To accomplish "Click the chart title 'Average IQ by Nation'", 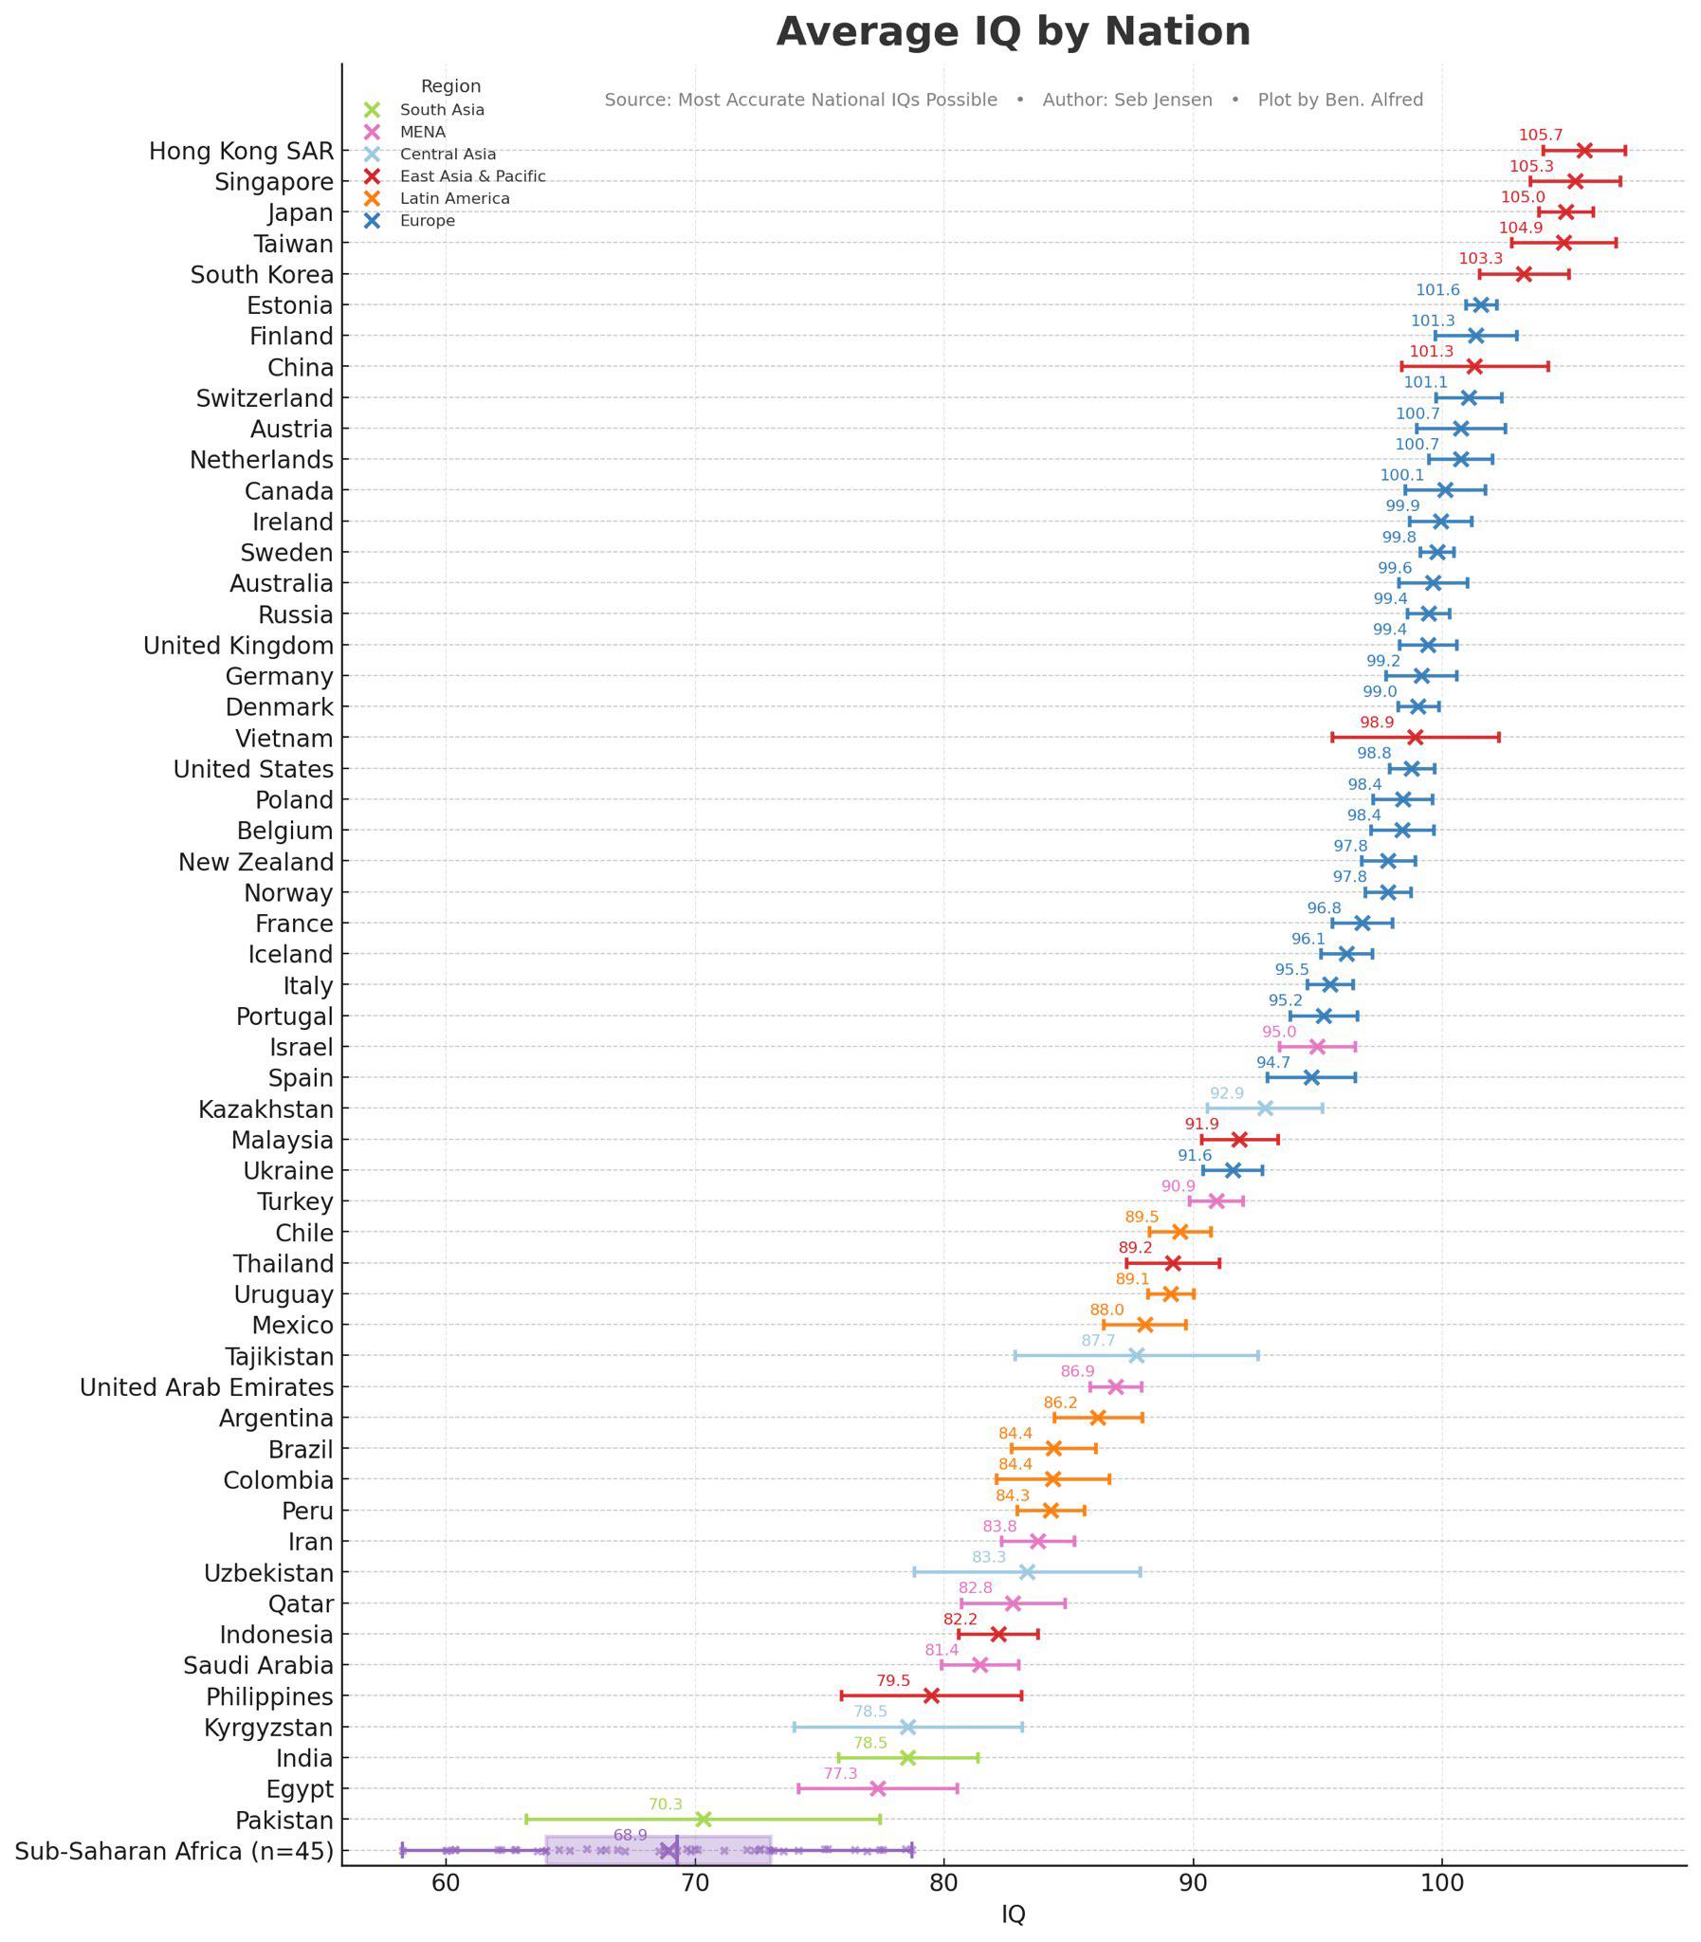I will tap(1013, 31).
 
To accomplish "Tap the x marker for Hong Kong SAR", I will tap(1584, 151).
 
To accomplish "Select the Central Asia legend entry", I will tap(448, 154).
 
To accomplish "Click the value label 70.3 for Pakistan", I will tap(666, 1805).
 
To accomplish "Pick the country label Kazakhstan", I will tap(265, 1109).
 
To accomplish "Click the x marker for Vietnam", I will tap(1416, 738).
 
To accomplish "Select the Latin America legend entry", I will tap(455, 198).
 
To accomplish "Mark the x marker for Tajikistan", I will tap(1136, 1355).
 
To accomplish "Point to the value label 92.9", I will tap(1226, 1093).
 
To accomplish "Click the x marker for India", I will tap(907, 1758).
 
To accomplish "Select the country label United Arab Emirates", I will tap(207, 1387).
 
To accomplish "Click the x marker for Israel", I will tap(1317, 1047).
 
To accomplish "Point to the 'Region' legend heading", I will tap(451, 86).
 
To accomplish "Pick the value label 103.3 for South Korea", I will tap(1480, 258).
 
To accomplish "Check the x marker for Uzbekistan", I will tap(1027, 1573).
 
